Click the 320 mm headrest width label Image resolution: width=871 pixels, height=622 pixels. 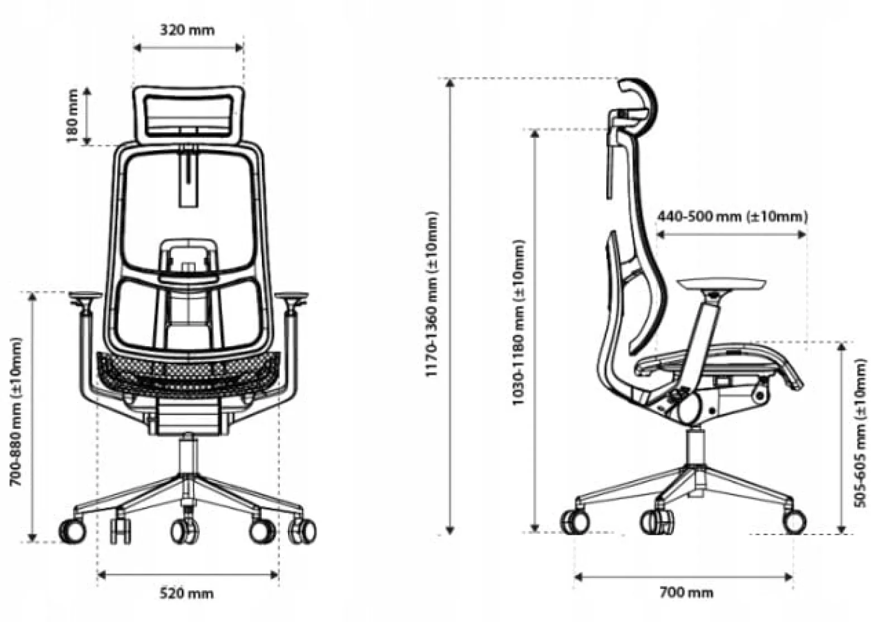pyautogui.click(x=188, y=30)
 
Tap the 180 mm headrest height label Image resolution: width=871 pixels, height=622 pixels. pyautogui.click(x=72, y=116)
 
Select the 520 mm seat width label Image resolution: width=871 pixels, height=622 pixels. pyautogui.click(x=187, y=594)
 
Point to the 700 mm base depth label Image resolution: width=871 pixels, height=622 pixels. pyautogui.click(x=687, y=592)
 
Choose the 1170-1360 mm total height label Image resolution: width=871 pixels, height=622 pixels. pyautogui.click(x=432, y=294)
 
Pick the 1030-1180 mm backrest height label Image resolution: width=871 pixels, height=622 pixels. pyautogui.click(x=518, y=323)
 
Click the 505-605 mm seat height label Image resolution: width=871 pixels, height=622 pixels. pyautogui.click(x=860, y=433)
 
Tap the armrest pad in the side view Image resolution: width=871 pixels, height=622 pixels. pyautogui.click(x=722, y=284)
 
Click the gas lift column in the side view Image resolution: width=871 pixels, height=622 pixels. pyautogui.click(x=694, y=447)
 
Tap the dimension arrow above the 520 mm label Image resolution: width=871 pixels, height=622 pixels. pyautogui.click(x=188, y=575)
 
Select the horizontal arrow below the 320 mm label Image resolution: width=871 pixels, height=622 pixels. pyautogui.click(x=188, y=48)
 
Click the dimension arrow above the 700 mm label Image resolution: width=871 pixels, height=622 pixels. pyautogui.click(x=683, y=577)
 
